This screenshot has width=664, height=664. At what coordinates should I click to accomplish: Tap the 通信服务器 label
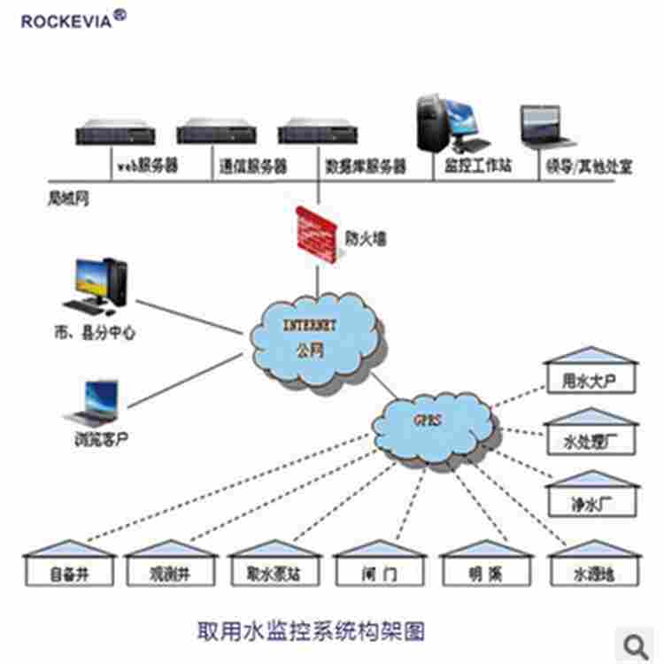coord(252,166)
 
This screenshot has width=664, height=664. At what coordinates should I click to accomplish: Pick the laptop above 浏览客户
coord(93,403)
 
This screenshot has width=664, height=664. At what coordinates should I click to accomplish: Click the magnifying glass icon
coord(637,644)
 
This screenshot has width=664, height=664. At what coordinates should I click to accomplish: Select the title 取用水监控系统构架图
coord(310,631)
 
